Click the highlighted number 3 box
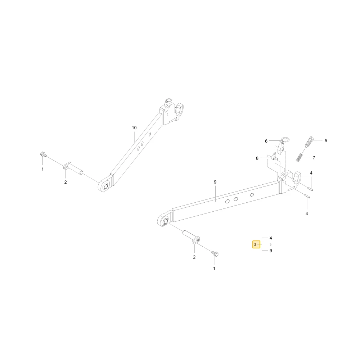pyautogui.click(x=256, y=244)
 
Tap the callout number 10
pyautogui.click(x=134, y=128)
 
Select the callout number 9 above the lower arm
pyautogui.click(x=215, y=182)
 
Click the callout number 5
pyautogui.click(x=326, y=140)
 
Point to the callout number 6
pyautogui.click(x=266, y=141)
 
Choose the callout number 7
pyautogui.click(x=314, y=158)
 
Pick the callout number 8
pyautogui.click(x=257, y=158)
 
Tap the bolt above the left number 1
pyautogui.click(x=43, y=154)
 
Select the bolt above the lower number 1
pyautogui.click(x=215, y=254)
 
